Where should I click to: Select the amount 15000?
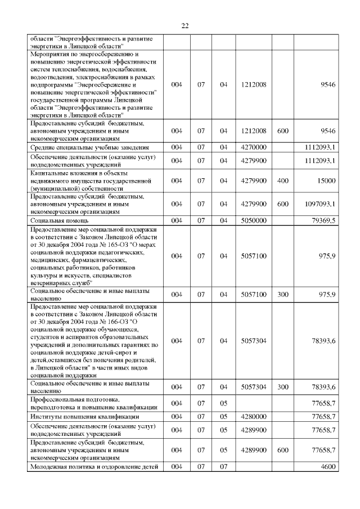click(x=326, y=181)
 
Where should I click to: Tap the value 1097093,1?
click(x=318, y=204)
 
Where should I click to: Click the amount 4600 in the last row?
click(x=327, y=467)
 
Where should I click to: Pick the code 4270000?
click(x=253, y=147)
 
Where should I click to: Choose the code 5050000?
click(x=253, y=220)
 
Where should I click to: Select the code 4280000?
click(x=253, y=417)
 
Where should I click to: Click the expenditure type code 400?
click(x=283, y=181)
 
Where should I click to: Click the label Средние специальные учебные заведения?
click(x=85, y=147)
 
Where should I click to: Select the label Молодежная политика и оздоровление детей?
click(x=93, y=467)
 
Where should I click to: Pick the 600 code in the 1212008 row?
click(x=283, y=130)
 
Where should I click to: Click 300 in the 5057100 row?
click(x=283, y=294)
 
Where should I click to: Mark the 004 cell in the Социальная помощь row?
click(x=177, y=220)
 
